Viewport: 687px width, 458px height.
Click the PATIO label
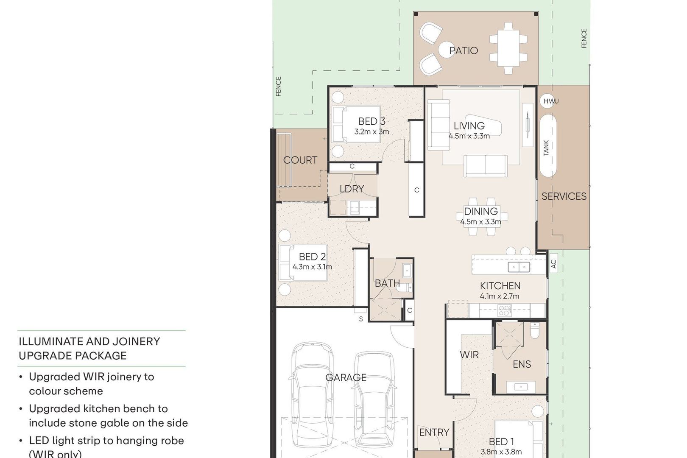(x=464, y=50)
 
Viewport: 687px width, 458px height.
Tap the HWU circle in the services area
(x=547, y=101)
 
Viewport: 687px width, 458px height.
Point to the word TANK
(x=546, y=148)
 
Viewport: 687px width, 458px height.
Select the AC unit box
(x=553, y=263)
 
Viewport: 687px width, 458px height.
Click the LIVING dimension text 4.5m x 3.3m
(x=469, y=136)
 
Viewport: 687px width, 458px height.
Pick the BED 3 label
(x=372, y=121)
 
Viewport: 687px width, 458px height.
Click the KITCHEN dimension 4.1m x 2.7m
(x=500, y=296)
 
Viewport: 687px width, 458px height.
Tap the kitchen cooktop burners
(x=505, y=310)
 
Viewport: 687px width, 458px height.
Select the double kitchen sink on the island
(x=519, y=267)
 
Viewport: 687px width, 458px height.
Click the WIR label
(x=469, y=355)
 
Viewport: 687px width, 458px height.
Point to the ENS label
(x=522, y=364)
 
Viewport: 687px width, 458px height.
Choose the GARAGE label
(x=346, y=377)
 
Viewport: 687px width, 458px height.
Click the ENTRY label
(x=434, y=433)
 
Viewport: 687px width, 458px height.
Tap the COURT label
(x=300, y=160)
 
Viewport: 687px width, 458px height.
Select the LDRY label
(x=352, y=189)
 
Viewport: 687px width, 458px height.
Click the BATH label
(x=387, y=283)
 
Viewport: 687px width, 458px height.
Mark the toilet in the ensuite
(x=535, y=330)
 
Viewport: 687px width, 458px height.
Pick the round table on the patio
(x=446, y=50)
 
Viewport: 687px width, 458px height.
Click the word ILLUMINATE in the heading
(x=49, y=341)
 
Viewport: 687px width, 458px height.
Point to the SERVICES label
(x=564, y=196)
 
